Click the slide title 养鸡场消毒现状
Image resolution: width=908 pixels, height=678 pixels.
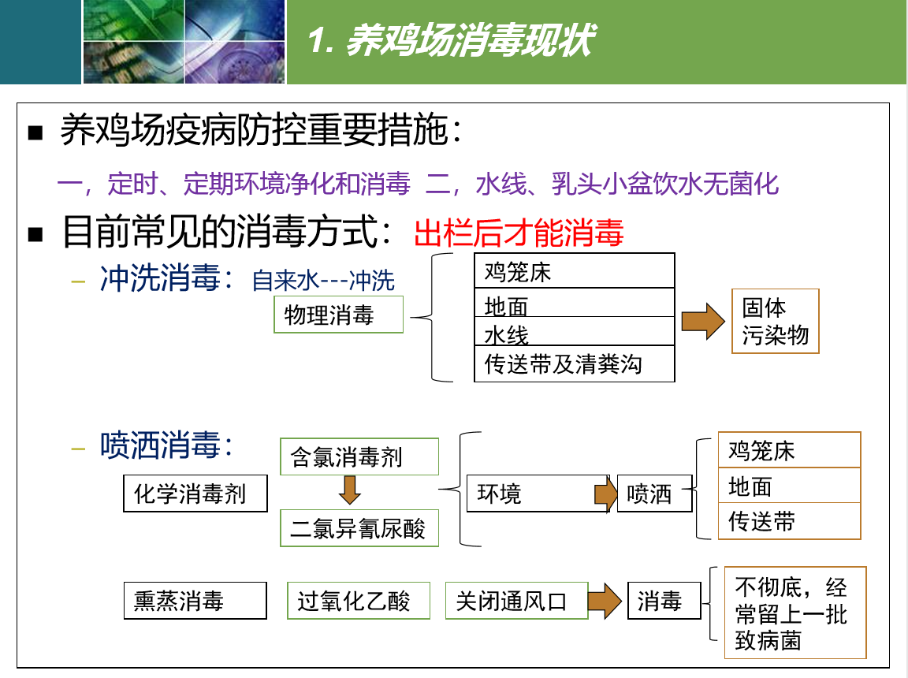point(451,40)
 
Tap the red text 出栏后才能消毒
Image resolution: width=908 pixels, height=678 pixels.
point(519,233)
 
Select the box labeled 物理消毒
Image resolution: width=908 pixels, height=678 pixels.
point(338,315)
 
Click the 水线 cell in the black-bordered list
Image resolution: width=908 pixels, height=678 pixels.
point(575,331)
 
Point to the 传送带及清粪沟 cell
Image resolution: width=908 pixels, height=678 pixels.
point(575,363)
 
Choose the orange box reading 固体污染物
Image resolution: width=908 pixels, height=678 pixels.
point(776,321)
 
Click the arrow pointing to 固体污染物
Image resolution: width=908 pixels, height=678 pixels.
point(703,321)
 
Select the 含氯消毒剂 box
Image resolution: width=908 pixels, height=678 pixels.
point(359,456)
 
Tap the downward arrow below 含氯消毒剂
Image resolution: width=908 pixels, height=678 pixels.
point(350,490)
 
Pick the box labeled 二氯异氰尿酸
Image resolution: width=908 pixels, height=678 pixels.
point(359,528)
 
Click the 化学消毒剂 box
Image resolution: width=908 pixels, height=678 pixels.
point(195,494)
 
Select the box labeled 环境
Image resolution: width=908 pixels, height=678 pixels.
point(538,494)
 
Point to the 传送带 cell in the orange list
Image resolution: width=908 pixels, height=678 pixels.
point(789,521)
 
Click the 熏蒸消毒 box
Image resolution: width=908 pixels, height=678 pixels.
point(195,601)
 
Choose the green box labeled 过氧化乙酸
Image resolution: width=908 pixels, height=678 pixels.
point(359,601)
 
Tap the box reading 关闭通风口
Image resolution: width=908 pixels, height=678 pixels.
point(516,601)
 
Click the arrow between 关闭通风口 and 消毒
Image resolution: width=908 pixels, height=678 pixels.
point(605,601)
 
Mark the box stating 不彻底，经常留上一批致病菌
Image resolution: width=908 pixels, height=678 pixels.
point(795,613)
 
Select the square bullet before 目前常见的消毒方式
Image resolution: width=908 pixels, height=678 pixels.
point(35,234)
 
